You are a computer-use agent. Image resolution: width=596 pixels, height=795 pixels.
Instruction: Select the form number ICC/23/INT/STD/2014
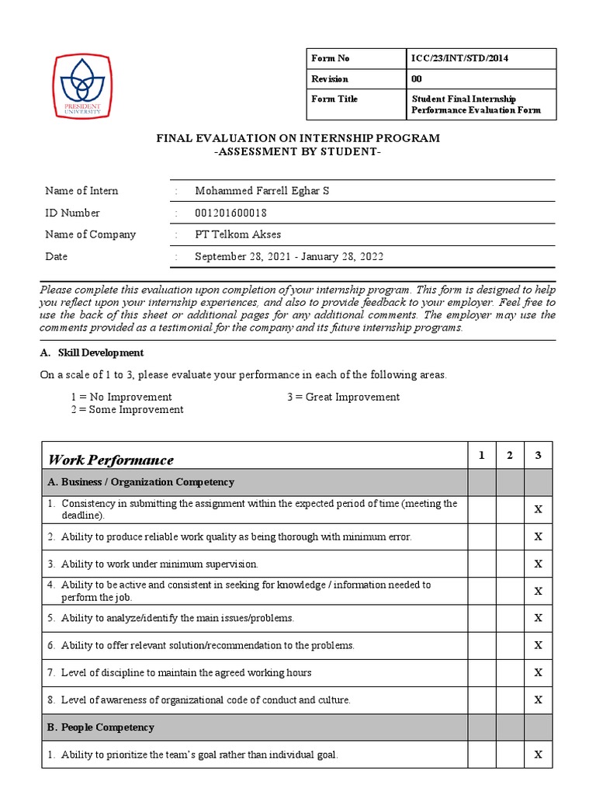pyautogui.click(x=459, y=58)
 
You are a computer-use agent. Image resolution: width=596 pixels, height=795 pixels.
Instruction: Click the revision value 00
pyautogui.click(x=417, y=79)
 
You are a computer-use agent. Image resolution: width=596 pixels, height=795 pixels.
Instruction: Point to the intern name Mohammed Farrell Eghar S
pyautogui.click(x=262, y=190)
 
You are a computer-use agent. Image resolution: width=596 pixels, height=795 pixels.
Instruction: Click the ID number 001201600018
pyautogui.click(x=241, y=213)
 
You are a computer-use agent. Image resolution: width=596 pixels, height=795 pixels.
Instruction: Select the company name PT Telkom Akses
pyautogui.click(x=237, y=234)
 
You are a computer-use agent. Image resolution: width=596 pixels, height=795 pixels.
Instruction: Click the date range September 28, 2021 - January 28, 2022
pyautogui.click(x=289, y=256)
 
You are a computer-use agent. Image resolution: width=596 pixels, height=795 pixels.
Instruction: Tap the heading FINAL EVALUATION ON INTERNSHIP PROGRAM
pyautogui.click(x=298, y=138)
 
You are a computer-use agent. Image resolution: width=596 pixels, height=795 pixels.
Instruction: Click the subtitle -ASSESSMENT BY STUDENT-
pyautogui.click(x=298, y=151)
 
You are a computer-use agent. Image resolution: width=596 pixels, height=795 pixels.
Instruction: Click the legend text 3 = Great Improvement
pyautogui.click(x=343, y=397)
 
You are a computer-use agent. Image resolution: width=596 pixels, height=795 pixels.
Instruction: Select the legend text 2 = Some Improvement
pyautogui.click(x=127, y=409)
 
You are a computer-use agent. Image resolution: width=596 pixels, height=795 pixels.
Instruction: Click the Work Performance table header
pyautogui.click(x=111, y=460)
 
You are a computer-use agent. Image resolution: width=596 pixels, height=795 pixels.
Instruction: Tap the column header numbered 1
pyautogui.click(x=481, y=456)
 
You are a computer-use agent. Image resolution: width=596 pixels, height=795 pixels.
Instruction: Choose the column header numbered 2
pyautogui.click(x=510, y=456)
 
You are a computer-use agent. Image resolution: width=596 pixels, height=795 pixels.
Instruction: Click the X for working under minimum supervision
pyautogui.click(x=538, y=564)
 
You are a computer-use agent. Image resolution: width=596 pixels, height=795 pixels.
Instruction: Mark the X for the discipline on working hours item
pyautogui.click(x=538, y=672)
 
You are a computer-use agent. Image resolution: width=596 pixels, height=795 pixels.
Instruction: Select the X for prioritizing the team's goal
pyautogui.click(x=538, y=755)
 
